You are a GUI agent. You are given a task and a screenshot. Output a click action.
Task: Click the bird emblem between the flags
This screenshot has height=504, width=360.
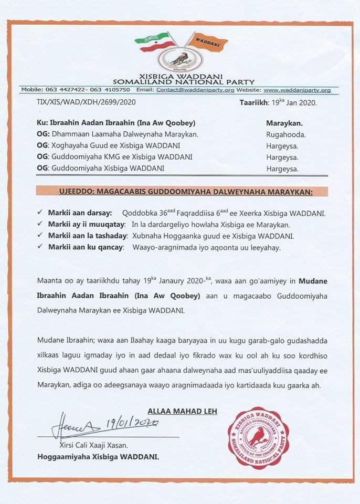click(x=180, y=57)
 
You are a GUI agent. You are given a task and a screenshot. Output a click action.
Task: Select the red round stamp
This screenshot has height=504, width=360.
click(x=258, y=437)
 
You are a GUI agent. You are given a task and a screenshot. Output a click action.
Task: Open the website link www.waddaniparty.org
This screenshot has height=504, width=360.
click(x=297, y=90)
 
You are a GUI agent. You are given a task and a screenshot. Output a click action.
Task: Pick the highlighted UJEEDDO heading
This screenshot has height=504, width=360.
click(x=182, y=192)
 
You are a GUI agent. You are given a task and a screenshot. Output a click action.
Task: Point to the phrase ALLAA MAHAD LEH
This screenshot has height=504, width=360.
click(x=182, y=411)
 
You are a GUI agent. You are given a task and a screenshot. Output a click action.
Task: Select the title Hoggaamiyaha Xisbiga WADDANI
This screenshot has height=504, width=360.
click(x=98, y=456)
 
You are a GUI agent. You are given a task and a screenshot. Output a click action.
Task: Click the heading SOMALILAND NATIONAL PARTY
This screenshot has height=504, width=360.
click(x=184, y=81)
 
